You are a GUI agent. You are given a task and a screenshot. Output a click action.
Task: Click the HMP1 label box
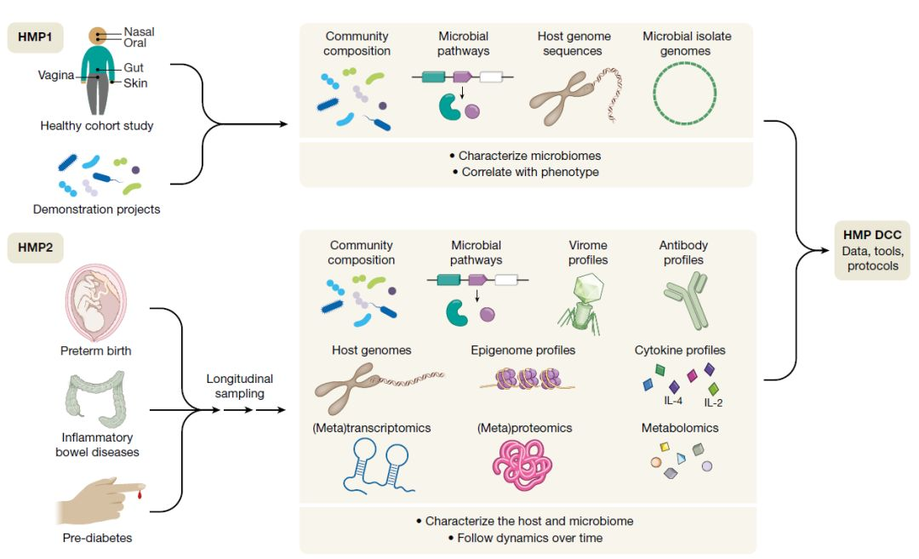click(35, 37)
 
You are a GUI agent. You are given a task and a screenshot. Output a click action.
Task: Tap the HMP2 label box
click(35, 248)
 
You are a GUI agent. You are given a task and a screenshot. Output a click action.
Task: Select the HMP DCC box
click(872, 250)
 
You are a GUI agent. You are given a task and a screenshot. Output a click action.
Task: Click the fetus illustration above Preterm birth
click(95, 302)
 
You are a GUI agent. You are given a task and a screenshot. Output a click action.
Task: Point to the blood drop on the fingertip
click(140, 496)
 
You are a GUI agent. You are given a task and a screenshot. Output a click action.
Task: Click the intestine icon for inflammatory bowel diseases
click(96, 398)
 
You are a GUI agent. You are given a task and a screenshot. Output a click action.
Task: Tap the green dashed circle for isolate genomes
click(684, 94)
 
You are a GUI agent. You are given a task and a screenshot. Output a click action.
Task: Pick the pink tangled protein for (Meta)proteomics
click(522, 465)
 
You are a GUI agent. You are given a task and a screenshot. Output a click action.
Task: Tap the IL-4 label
click(673, 401)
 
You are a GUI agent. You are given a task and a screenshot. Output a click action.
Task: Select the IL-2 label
click(713, 402)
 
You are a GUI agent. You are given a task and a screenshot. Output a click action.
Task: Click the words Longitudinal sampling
click(239, 386)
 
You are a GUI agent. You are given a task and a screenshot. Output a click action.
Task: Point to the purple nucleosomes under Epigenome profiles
click(528, 379)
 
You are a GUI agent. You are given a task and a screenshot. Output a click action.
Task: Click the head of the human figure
click(97, 37)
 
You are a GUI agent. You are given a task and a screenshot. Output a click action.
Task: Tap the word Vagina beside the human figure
click(56, 75)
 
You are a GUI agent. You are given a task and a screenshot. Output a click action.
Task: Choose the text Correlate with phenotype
click(530, 172)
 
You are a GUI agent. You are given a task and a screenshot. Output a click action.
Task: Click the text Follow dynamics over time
click(530, 538)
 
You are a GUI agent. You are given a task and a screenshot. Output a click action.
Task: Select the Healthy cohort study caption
click(97, 125)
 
